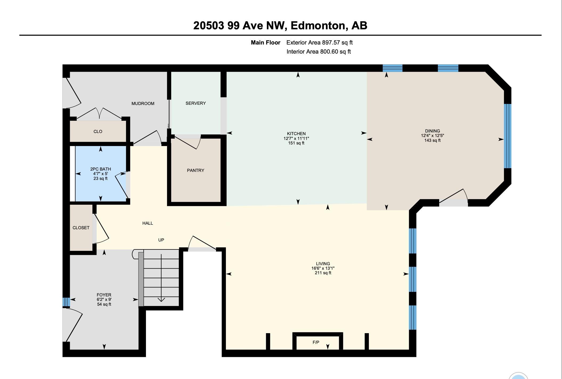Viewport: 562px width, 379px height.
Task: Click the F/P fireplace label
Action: [316, 342]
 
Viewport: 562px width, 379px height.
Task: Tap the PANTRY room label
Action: [196, 170]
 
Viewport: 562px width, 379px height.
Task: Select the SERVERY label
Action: [196, 103]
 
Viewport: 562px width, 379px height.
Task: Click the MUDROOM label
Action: [143, 103]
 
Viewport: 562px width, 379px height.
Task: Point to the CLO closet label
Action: [98, 131]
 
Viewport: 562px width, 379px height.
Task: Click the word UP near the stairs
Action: [161, 240]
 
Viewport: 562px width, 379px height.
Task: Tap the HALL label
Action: [148, 223]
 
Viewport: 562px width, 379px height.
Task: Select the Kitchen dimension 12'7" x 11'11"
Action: [296, 138]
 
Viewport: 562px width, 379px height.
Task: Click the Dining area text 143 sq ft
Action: [432, 140]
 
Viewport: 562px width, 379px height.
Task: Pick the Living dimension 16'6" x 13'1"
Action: [323, 268]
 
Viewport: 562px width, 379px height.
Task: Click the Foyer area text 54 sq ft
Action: [104, 304]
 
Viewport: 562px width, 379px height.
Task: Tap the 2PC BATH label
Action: [100, 169]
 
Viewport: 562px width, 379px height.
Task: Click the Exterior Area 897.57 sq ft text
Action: [319, 43]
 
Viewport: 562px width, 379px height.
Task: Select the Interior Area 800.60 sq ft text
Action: [319, 52]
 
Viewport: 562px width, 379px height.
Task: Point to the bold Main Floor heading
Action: [265, 43]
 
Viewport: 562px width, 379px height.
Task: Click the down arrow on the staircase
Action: [161, 299]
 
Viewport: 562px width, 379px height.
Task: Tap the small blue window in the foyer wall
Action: [66, 302]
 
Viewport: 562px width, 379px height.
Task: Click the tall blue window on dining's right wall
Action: [508, 136]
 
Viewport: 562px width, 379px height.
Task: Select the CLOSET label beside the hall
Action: [81, 228]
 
